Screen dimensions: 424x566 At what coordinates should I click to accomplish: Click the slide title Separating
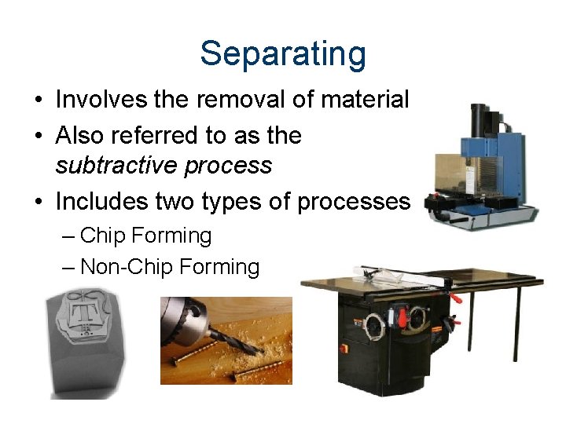283,54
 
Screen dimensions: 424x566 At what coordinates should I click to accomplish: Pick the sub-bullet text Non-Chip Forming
170,267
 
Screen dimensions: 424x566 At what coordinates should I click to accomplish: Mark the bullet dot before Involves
38,101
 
